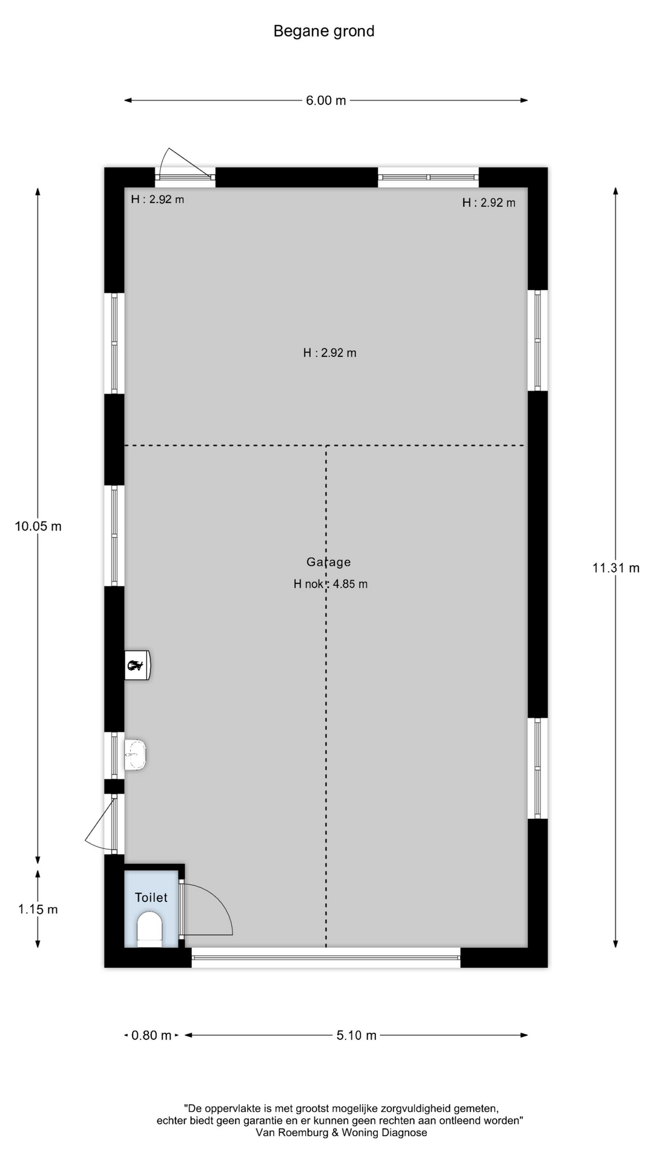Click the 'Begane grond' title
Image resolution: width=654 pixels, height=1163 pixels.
point(324,31)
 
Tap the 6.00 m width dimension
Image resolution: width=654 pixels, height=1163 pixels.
point(326,101)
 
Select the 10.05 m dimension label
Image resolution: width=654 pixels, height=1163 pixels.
point(38,526)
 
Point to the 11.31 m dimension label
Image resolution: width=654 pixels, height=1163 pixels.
point(616,568)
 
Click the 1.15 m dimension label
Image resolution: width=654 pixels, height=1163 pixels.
point(38,909)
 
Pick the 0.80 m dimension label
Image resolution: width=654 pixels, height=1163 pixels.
point(151,1035)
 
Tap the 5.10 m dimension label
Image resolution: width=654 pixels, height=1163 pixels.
point(357,1035)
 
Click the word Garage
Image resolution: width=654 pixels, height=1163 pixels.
point(329,562)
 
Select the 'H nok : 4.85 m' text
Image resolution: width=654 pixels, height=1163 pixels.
point(331,584)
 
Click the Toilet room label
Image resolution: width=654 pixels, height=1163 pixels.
point(151,898)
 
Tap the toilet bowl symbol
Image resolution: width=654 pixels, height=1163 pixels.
point(150,929)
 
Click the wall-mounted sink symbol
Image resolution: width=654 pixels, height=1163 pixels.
point(136,755)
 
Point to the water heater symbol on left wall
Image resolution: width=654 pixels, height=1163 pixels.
point(137,665)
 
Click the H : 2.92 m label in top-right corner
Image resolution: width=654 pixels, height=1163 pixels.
point(489,203)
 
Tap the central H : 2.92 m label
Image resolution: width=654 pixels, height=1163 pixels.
point(330,353)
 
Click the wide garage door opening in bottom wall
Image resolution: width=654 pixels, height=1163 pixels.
point(326,958)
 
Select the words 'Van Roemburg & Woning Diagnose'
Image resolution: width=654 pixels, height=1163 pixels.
point(341,1132)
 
